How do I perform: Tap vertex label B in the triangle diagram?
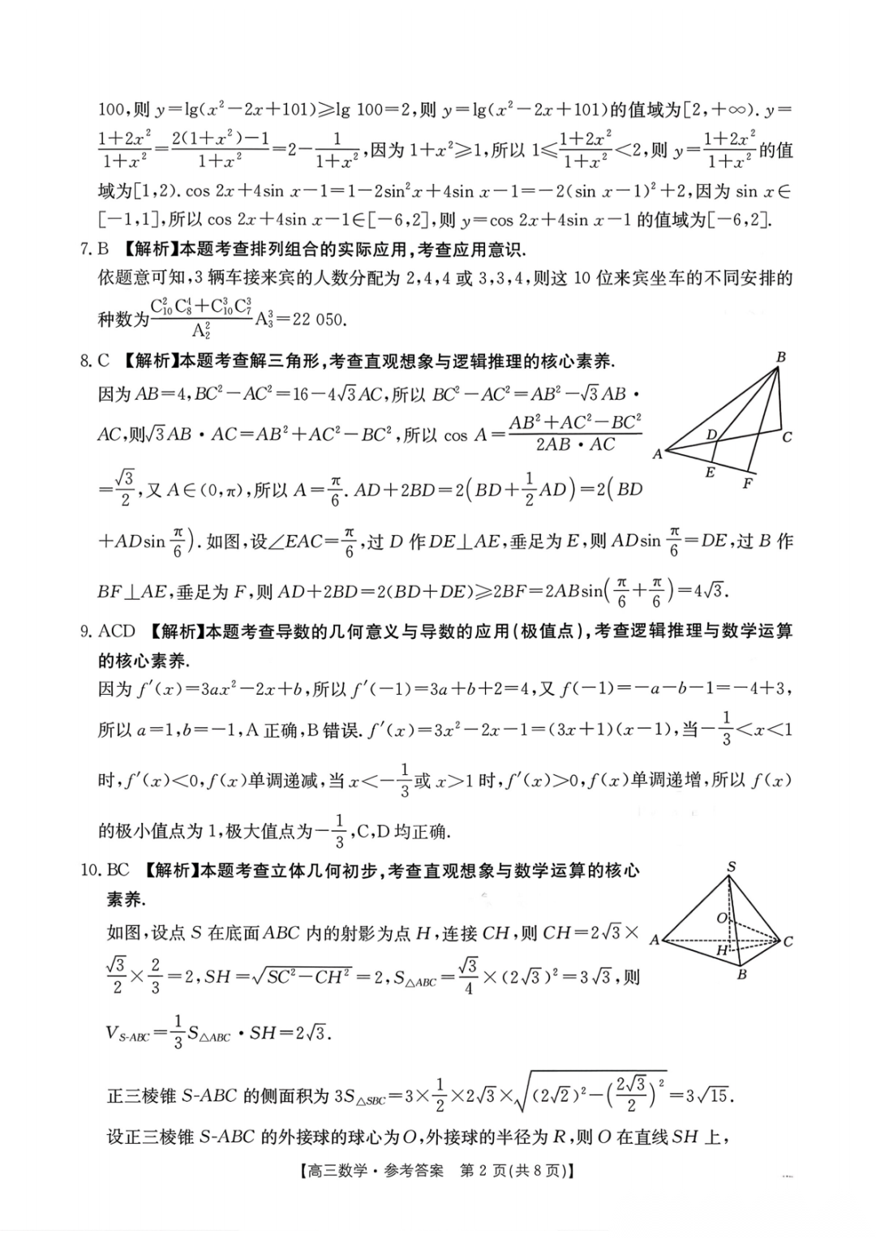[780, 357]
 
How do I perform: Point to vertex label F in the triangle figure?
[747, 484]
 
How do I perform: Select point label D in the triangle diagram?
[711, 435]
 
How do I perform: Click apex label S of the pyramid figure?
[732, 867]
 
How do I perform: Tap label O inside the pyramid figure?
[721, 918]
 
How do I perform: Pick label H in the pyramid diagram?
[721, 950]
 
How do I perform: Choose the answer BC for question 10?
[118, 870]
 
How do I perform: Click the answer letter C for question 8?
[103, 361]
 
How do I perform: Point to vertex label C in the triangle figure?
[787, 438]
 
